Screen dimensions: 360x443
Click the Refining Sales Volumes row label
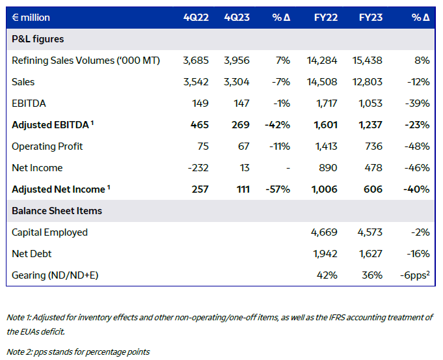point(86,61)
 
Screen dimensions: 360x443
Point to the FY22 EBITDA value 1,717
point(325,104)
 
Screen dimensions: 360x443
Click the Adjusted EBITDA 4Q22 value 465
point(199,125)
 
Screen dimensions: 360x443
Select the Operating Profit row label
point(47,146)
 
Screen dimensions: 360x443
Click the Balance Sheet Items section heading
point(57,211)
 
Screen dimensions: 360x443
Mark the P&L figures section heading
point(38,39)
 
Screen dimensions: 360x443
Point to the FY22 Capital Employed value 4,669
point(323,232)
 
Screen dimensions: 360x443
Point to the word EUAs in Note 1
point(37,331)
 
